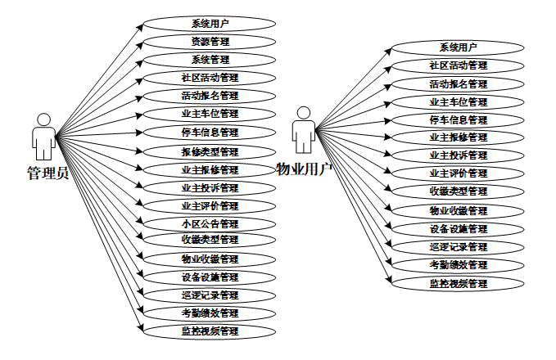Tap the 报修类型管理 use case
point(210,151)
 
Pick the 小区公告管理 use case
point(210,223)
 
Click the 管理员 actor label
point(47,173)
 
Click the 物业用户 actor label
point(304,169)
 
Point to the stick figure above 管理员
point(43,137)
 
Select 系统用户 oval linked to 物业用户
point(458,47)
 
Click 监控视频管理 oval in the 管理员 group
point(210,331)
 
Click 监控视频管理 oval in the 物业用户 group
point(458,283)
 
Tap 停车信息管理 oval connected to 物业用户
point(458,119)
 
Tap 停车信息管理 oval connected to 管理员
point(210,132)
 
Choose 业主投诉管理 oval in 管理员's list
point(210,187)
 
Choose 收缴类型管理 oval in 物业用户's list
point(458,191)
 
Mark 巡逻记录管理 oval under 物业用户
point(458,246)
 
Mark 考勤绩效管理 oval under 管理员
point(210,313)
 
